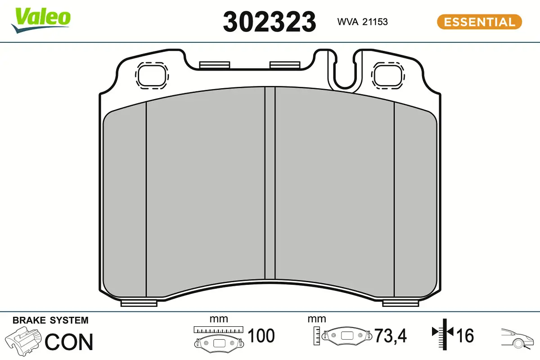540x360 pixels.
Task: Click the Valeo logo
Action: tap(41, 20)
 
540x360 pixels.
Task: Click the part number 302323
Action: tap(270, 22)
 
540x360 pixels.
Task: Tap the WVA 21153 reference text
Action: tap(363, 22)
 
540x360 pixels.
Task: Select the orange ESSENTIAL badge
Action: tap(480, 22)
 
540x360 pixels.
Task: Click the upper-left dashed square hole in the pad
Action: tap(152, 76)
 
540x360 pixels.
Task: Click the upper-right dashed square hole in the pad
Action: tap(388, 76)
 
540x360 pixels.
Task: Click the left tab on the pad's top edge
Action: tap(215, 65)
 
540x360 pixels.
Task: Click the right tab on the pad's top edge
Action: tap(285, 65)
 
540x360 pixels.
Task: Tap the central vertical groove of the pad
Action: tap(270, 183)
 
